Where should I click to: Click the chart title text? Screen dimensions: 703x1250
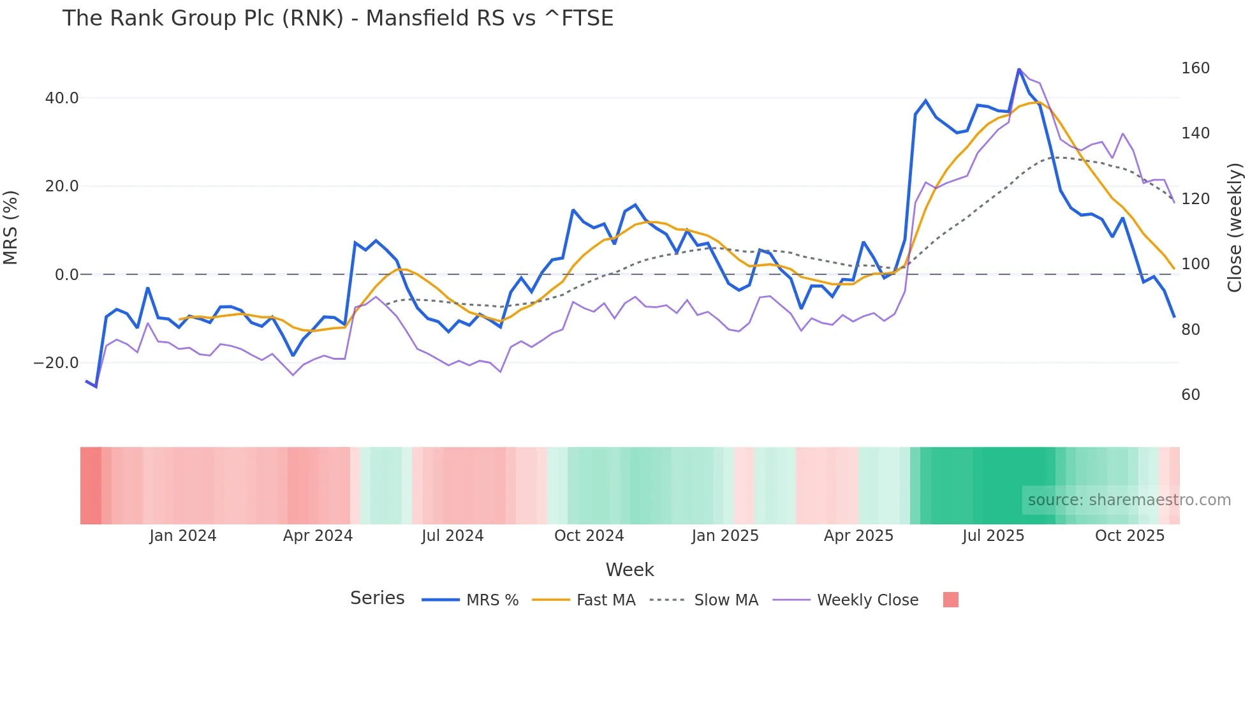pyautogui.click(x=337, y=18)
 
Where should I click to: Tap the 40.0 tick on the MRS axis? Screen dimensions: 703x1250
pyautogui.click(x=62, y=98)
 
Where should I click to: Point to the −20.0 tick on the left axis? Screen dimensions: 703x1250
pyautogui.click(x=56, y=363)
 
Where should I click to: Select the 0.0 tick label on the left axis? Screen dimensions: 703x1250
pyautogui.click(x=66, y=275)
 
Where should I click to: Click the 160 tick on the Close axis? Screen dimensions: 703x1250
pyautogui.click(x=1195, y=68)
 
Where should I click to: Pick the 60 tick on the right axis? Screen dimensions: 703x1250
pyautogui.click(x=1191, y=395)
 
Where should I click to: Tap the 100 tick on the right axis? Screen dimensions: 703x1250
pyautogui.click(x=1195, y=264)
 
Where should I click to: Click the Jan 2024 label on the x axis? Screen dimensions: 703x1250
pyautogui.click(x=183, y=536)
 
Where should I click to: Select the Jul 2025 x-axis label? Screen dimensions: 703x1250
pyautogui.click(x=993, y=536)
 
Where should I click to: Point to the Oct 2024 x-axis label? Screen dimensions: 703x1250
pyautogui.click(x=589, y=536)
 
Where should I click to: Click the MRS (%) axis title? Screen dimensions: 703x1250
pyautogui.click(x=11, y=228)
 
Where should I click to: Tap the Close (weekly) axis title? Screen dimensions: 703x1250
pyautogui.click(x=1235, y=228)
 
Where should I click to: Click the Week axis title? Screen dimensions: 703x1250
pyautogui.click(x=629, y=570)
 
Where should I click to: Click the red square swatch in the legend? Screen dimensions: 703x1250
pyautogui.click(x=950, y=600)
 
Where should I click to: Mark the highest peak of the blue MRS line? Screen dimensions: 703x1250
pyautogui.click(x=1019, y=69)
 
